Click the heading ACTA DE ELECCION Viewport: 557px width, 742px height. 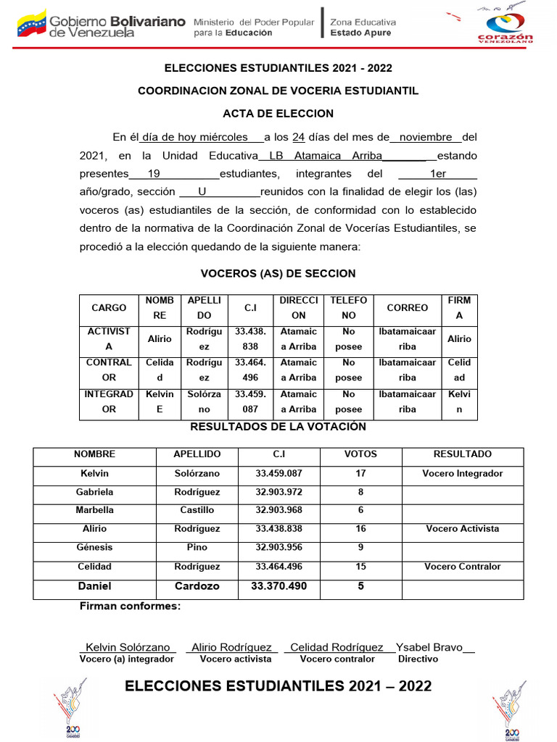pyautogui.click(x=278, y=113)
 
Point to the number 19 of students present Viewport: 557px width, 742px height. pyautogui.click(x=153, y=174)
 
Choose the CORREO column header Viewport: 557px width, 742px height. pyautogui.click(x=407, y=308)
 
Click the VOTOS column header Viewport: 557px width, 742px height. pyautogui.click(x=360, y=454)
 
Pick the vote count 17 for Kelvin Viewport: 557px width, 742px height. pyautogui.click(x=360, y=473)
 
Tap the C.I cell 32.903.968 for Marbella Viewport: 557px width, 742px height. pyautogui.click(x=278, y=510)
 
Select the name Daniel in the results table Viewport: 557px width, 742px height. pyautogui.click(x=94, y=585)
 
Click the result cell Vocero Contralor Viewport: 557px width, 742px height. pyautogui.click(x=462, y=567)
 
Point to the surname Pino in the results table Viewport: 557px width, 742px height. pyautogui.click(x=197, y=548)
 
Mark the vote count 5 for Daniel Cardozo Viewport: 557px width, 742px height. pyautogui.click(x=360, y=585)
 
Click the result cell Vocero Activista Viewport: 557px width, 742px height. pyautogui.click(x=462, y=529)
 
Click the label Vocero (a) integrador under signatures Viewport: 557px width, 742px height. pyautogui.click(x=126, y=659)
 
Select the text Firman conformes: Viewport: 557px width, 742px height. pyautogui.click(x=130, y=606)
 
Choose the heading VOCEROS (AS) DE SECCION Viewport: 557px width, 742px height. pyautogui.click(x=278, y=273)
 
